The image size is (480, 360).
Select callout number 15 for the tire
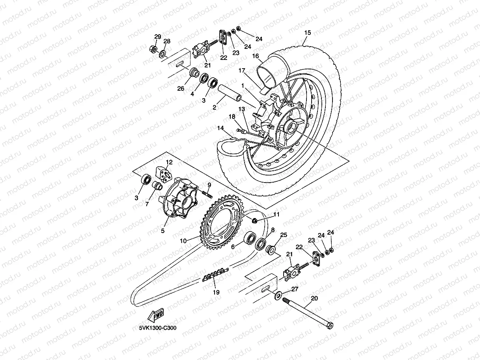[x=307, y=33]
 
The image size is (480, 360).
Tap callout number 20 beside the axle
[x=314, y=298]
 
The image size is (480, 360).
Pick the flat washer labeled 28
[x=162, y=52]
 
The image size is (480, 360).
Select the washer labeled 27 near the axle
[x=278, y=294]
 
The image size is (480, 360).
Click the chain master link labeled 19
[x=215, y=276]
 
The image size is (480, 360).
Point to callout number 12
[x=169, y=162]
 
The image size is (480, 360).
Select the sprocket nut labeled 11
[x=255, y=220]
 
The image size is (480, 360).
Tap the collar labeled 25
[x=271, y=250]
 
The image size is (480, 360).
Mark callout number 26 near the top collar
[x=181, y=88]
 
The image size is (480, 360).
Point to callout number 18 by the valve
[x=232, y=117]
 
